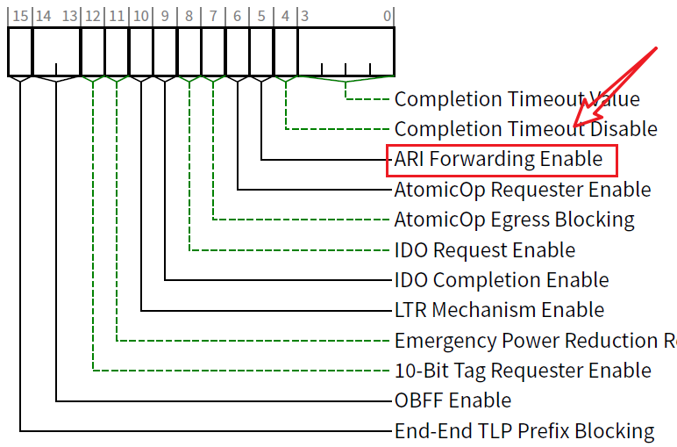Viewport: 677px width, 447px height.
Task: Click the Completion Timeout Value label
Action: tap(517, 99)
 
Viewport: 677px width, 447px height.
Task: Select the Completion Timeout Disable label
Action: tap(525, 129)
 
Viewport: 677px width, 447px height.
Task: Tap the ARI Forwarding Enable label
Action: tap(499, 159)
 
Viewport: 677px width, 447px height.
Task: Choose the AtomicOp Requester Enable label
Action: tap(523, 189)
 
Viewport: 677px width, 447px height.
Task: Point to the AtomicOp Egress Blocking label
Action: tap(514, 219)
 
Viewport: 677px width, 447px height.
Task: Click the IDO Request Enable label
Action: tap(485, 249)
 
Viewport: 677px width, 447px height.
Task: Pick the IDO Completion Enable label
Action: tap(501, 280)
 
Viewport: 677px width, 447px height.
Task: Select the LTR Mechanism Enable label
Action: tap(499, 310)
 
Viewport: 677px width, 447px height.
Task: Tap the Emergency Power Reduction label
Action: tap(535, 340)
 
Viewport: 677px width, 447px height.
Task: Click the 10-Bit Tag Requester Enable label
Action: tap(523, 371)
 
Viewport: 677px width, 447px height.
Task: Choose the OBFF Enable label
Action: tap(453, 400)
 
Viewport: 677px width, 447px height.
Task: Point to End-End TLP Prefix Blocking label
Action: tap(524, 431)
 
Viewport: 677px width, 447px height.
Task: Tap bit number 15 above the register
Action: tap(19, 15)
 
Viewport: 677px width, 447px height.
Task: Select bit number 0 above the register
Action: tap(387, 15)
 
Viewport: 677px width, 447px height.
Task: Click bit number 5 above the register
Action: tap(261, 15)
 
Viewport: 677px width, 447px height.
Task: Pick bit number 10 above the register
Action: tap(140, 15)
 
